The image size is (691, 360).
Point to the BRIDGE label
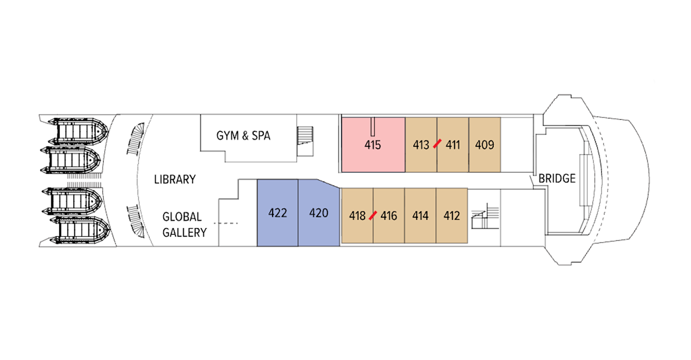point(557,178)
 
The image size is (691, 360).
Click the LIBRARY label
point(175,179)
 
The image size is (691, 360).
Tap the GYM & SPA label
point(243,136)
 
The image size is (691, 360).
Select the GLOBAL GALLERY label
point(184,225)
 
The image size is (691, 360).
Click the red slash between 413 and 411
point(437,143)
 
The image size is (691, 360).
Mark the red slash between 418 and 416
point(373,215)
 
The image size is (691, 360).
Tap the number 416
point(389,216)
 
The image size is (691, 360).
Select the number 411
point(453,145)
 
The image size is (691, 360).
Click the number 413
point(421,145)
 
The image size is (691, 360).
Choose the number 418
point(357,216)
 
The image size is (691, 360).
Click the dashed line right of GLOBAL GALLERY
point(226,223)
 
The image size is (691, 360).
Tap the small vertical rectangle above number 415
point(373,127)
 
